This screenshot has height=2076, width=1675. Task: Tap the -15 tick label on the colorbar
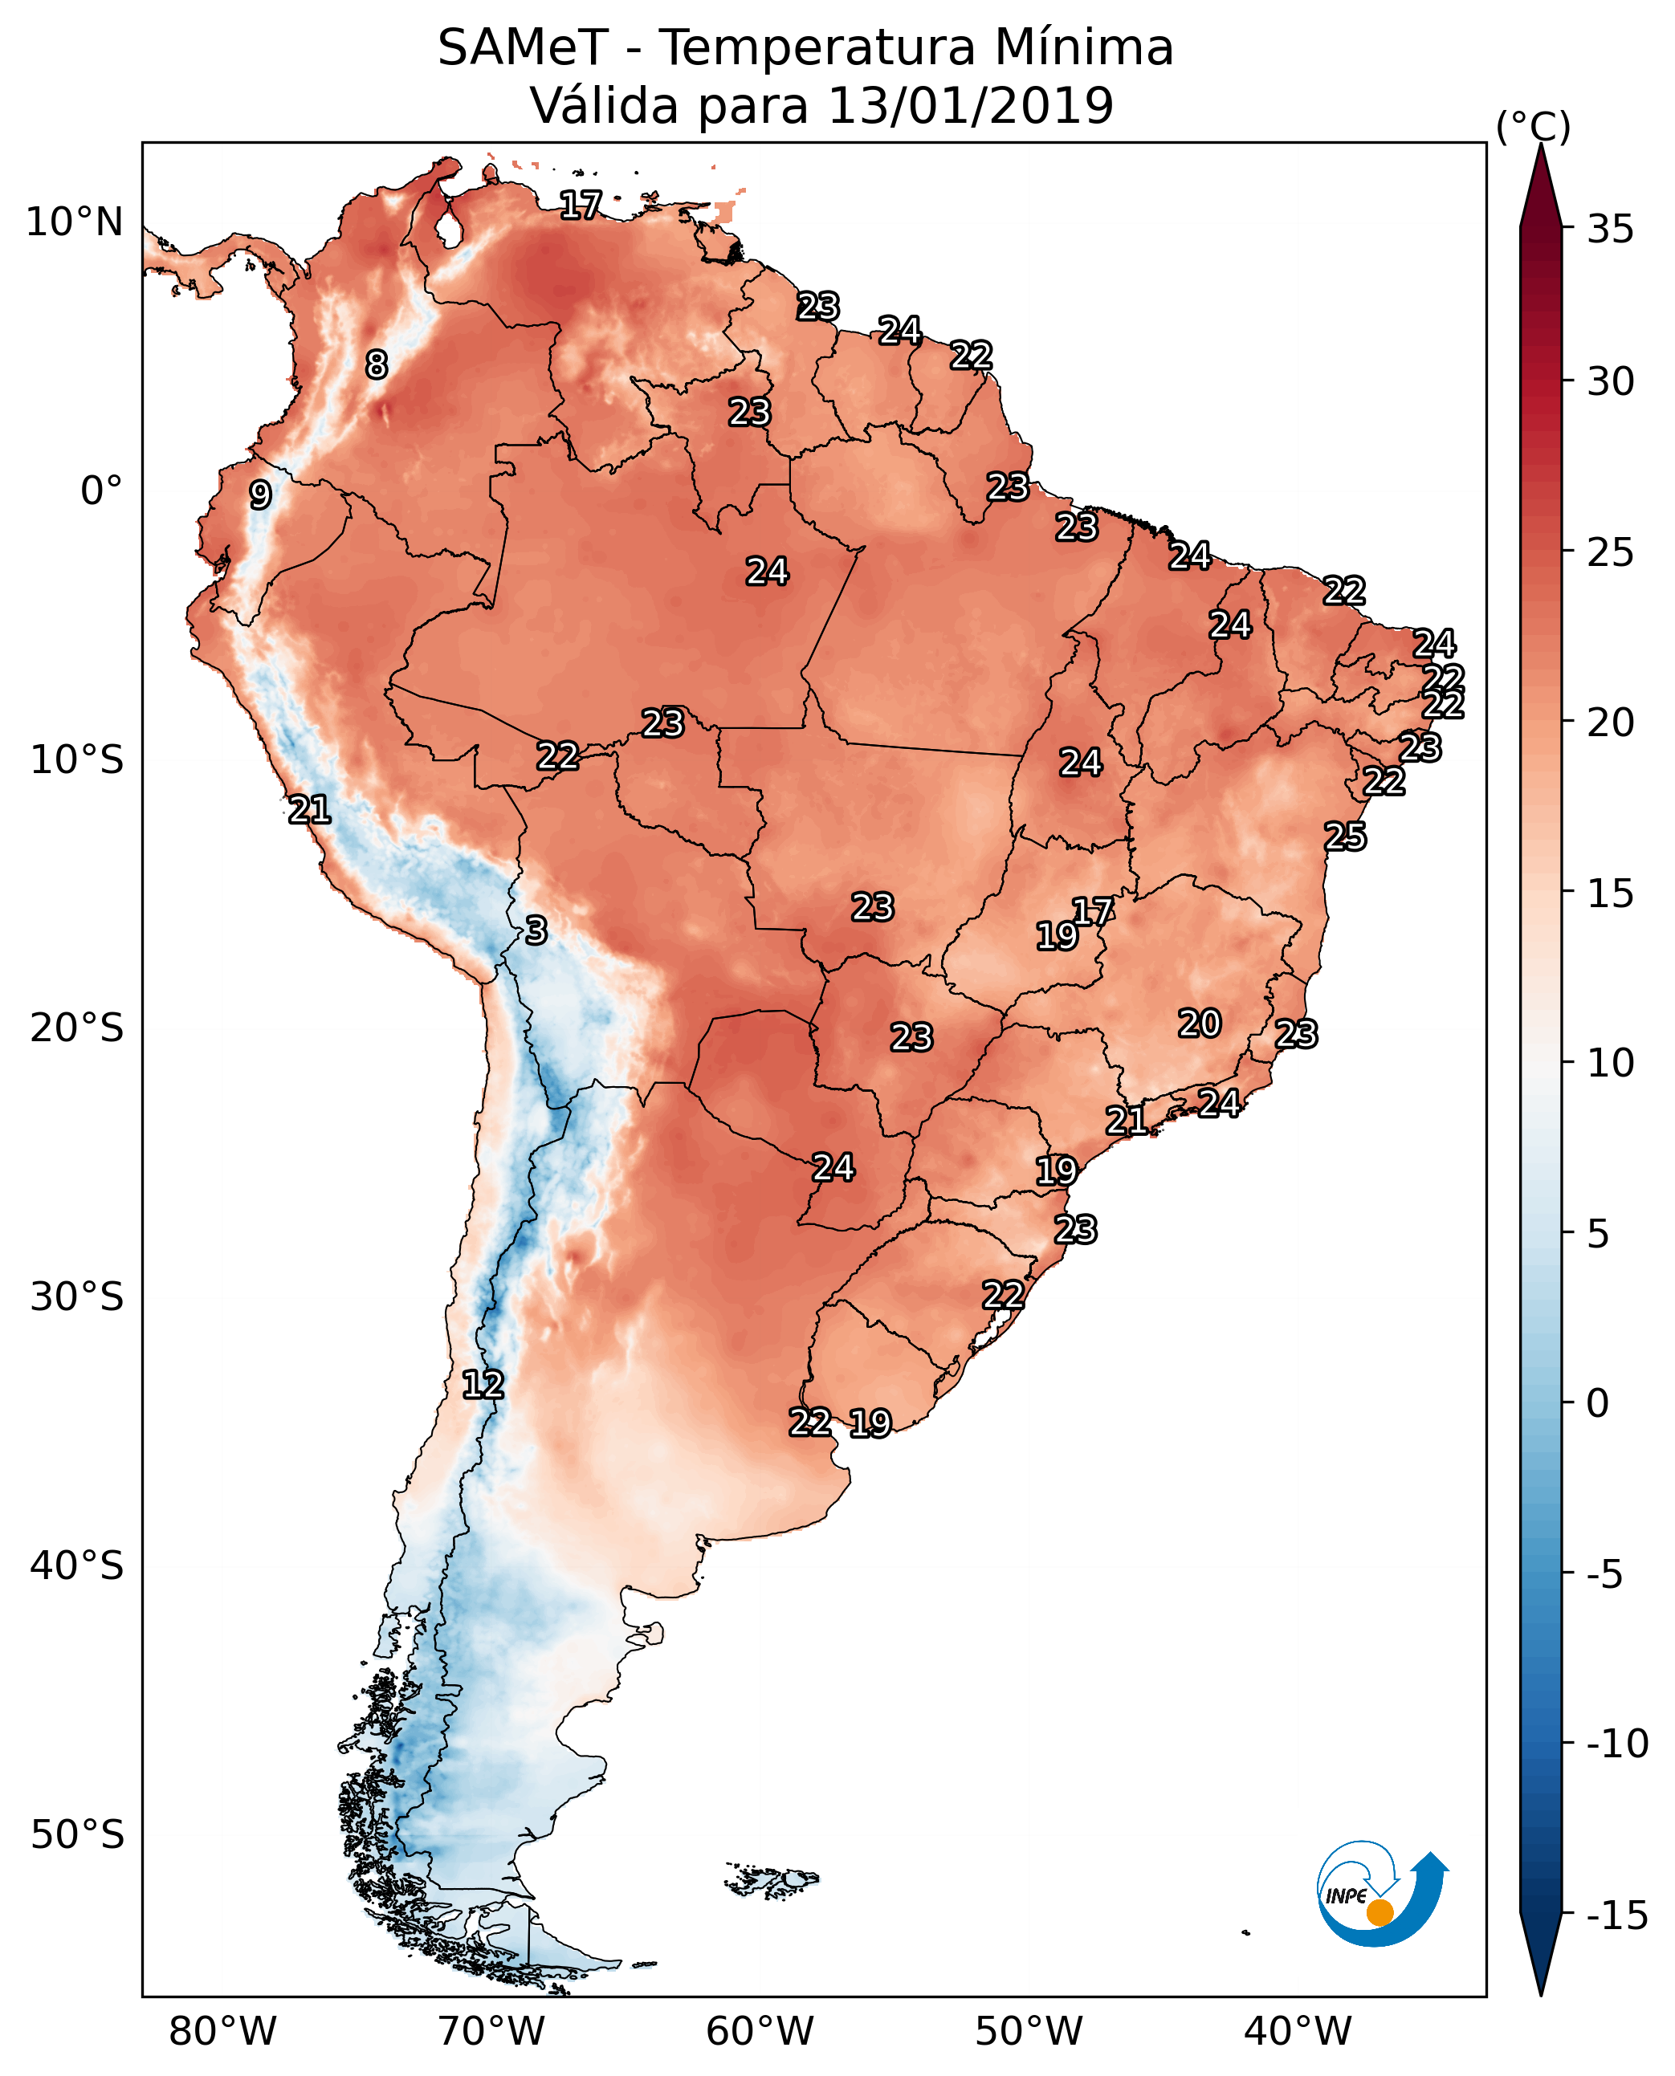pyautogui.click(x=1617, y=1916)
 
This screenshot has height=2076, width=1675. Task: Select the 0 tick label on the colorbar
pyautogui.click(x=1598, y=1403)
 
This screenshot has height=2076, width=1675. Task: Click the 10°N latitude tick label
pyautogui.click(x=75, y=223)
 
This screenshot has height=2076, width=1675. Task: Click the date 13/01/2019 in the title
pyautogui.click(x=971, y=105)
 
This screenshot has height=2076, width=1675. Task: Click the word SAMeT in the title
pyautogui.click(x=522, y=47)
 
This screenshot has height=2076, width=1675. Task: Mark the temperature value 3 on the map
pyautogui.click(x=536, y=930)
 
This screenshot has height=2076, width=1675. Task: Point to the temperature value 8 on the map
pyautogui.click(x=377, y=364)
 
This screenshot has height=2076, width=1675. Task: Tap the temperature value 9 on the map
pyautogui.click(x=259, y=495)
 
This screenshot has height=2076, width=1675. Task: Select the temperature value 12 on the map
pyautogui.click(x=483, y=1384)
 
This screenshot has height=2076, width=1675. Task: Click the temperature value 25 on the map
pyautogui.click(x=1345, y=837)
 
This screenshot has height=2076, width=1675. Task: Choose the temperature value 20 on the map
pyautogui.click(x=1200, y=1023)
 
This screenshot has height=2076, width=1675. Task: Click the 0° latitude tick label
pyautogui.click(x=101, y=491)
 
